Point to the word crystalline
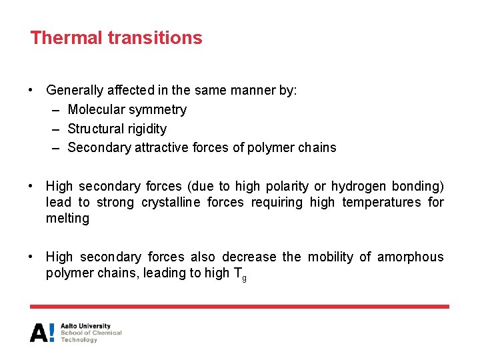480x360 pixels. point(169,202)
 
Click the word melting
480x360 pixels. point(67,219)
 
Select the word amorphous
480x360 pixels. point(411,257)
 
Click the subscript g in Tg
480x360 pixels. point(244,277)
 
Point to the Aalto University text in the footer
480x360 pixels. point(85,326)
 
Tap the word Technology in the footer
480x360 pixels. point(79,340)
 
